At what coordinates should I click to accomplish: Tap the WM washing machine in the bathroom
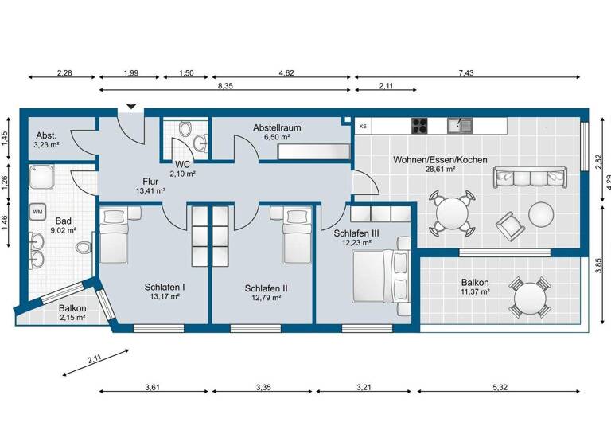pos(37,211)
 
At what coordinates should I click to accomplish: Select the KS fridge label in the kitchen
pos(363,126)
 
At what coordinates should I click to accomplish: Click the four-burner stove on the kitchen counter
pos(420,125)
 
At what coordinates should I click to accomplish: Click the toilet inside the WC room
pos(186,128)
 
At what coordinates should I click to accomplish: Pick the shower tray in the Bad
pos(41,176)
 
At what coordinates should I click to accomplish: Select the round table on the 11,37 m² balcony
pos(529,298)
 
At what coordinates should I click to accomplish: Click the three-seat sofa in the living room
pos(531,177)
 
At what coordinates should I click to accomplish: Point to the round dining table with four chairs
pos(451,213)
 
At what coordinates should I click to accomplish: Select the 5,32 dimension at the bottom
pos(500,388)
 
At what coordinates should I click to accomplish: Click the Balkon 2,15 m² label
pos(72,312)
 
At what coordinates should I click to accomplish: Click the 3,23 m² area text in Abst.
pos(46,146)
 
